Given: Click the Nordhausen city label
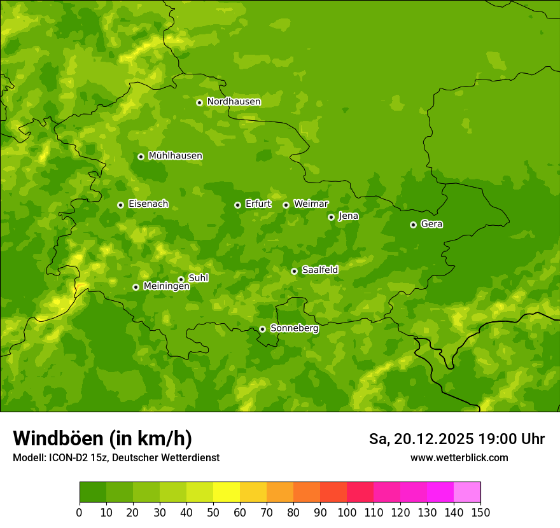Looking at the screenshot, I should coord(234,102).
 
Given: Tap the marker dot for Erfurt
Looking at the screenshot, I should coord(237,205).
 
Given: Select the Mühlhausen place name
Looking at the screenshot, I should coord(175,156).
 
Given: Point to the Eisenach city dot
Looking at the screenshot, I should coord(120,205).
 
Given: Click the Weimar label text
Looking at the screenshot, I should coord(311,204).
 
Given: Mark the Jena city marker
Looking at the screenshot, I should coord(331,217).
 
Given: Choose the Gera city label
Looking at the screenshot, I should coord(431,224).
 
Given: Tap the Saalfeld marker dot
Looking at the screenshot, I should coord(294,271).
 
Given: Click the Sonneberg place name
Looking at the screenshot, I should coord(294,328).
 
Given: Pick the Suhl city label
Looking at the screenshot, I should coord(198,278).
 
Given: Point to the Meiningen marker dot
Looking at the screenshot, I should coord(136,287).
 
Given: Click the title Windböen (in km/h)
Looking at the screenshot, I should coord(102,438).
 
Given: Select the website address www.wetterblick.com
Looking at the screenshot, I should coord(459,457).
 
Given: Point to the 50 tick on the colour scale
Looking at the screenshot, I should coord(213,512).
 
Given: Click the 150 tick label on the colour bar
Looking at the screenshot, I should coord(480,512).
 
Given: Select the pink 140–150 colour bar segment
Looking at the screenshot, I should coord(467,492).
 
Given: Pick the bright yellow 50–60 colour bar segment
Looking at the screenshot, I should coord(227,492).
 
